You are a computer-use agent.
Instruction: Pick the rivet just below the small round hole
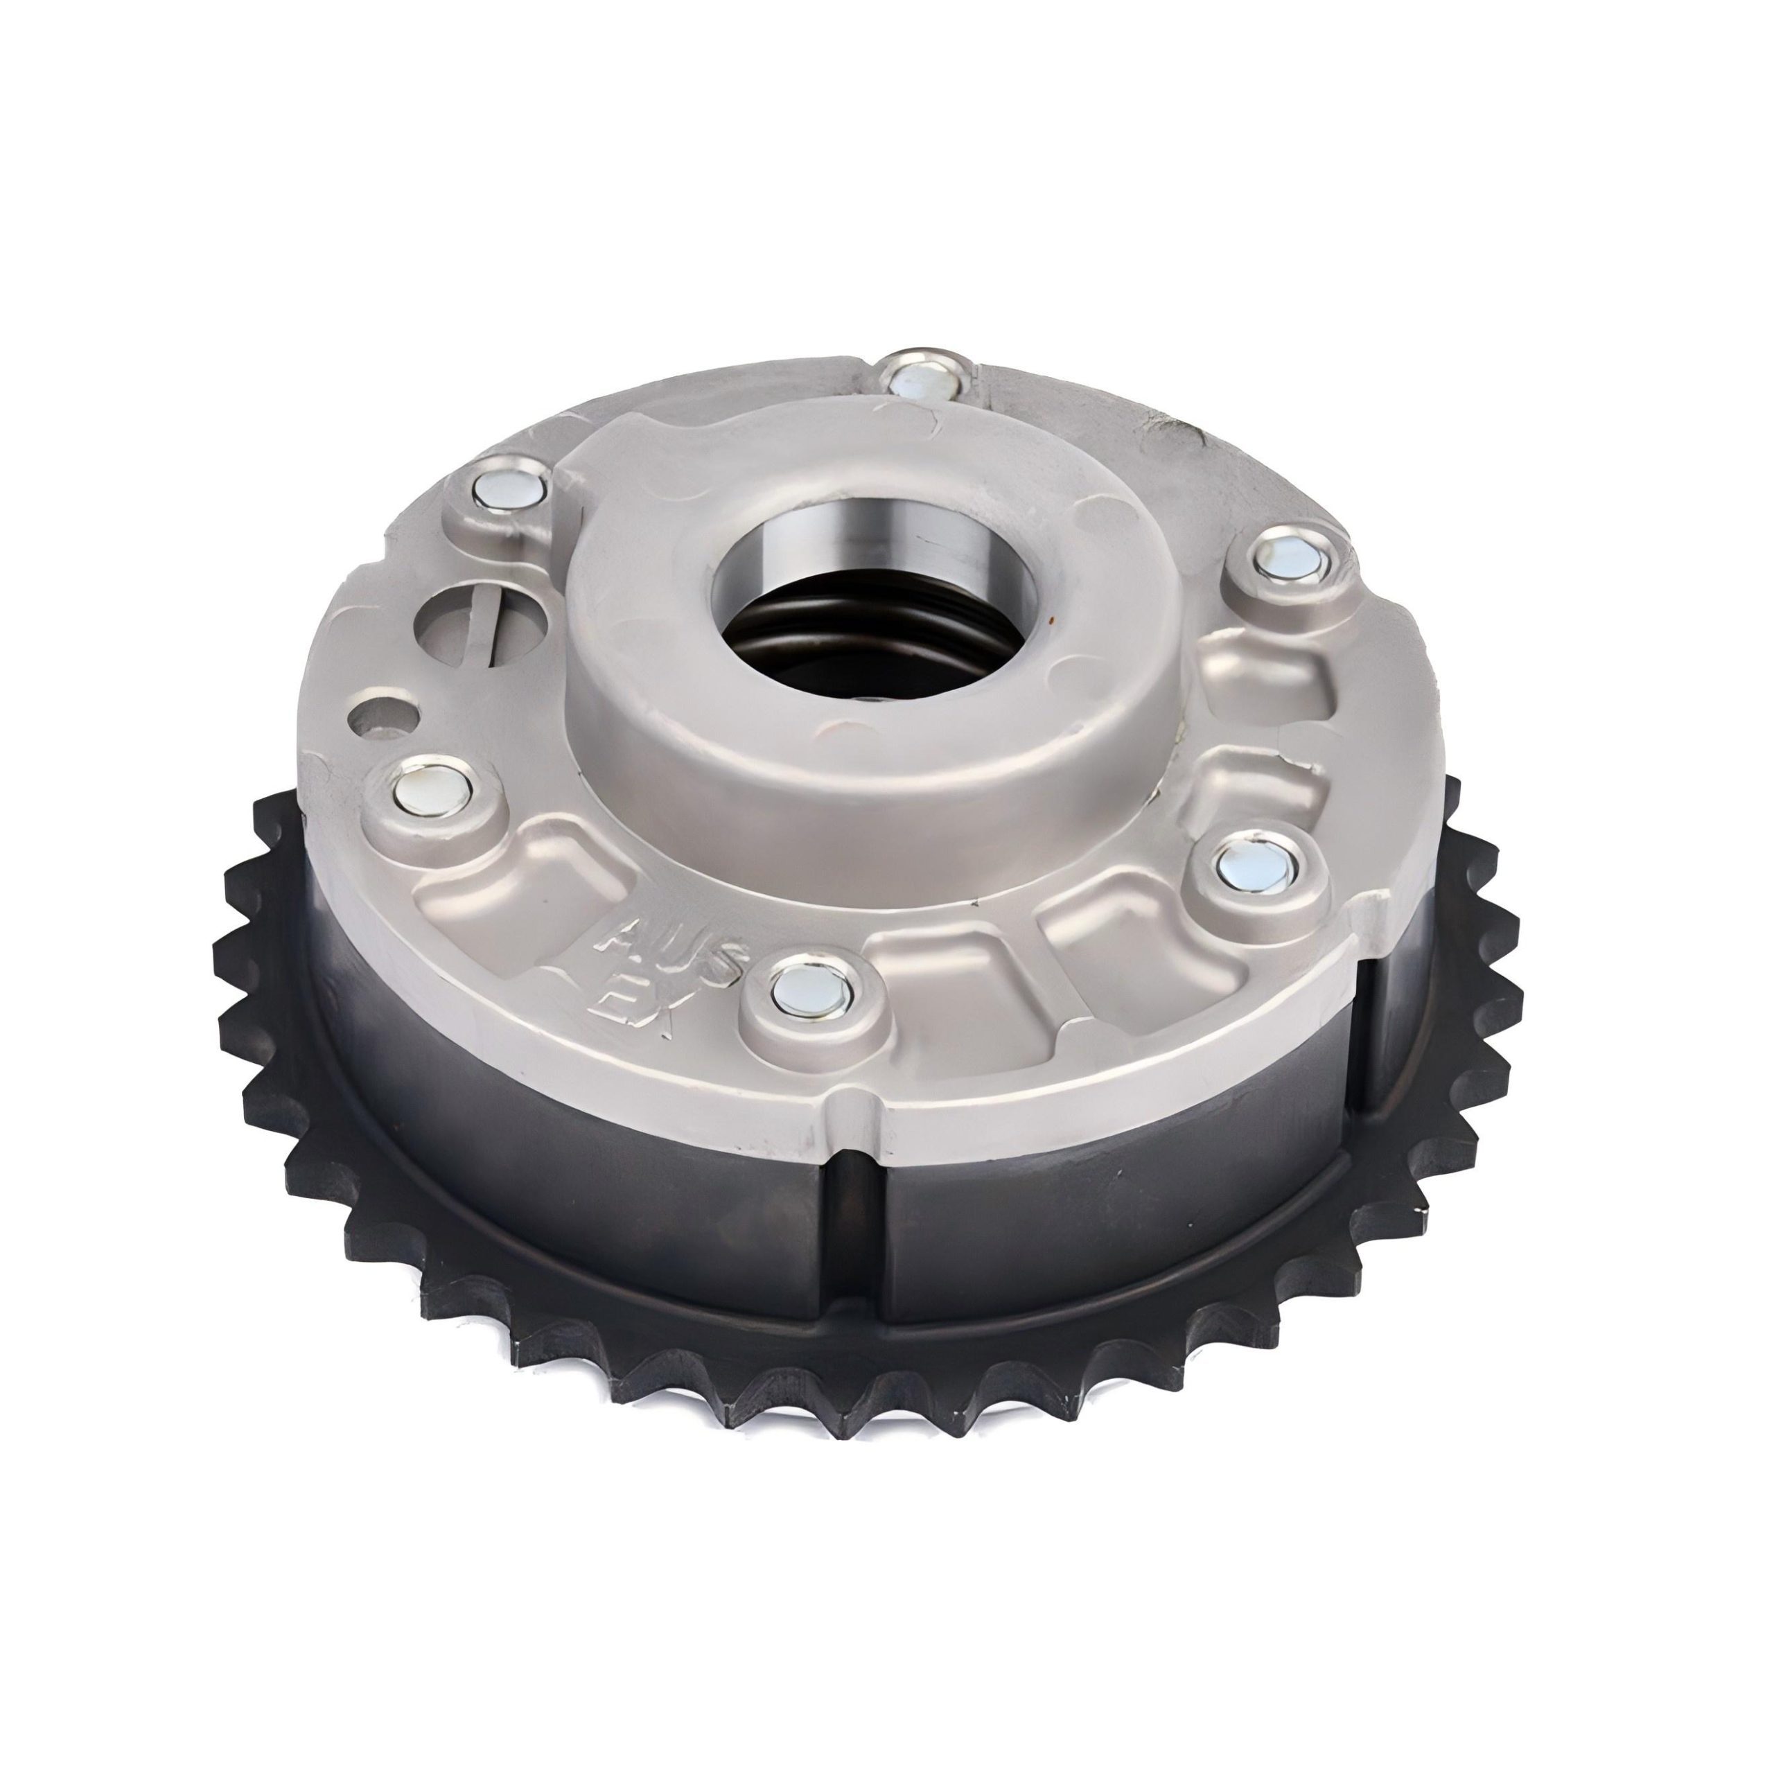pyautogui.click(x=432, y=786)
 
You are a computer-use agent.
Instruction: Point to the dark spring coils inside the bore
pyautogui.click(x=854, y=643)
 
